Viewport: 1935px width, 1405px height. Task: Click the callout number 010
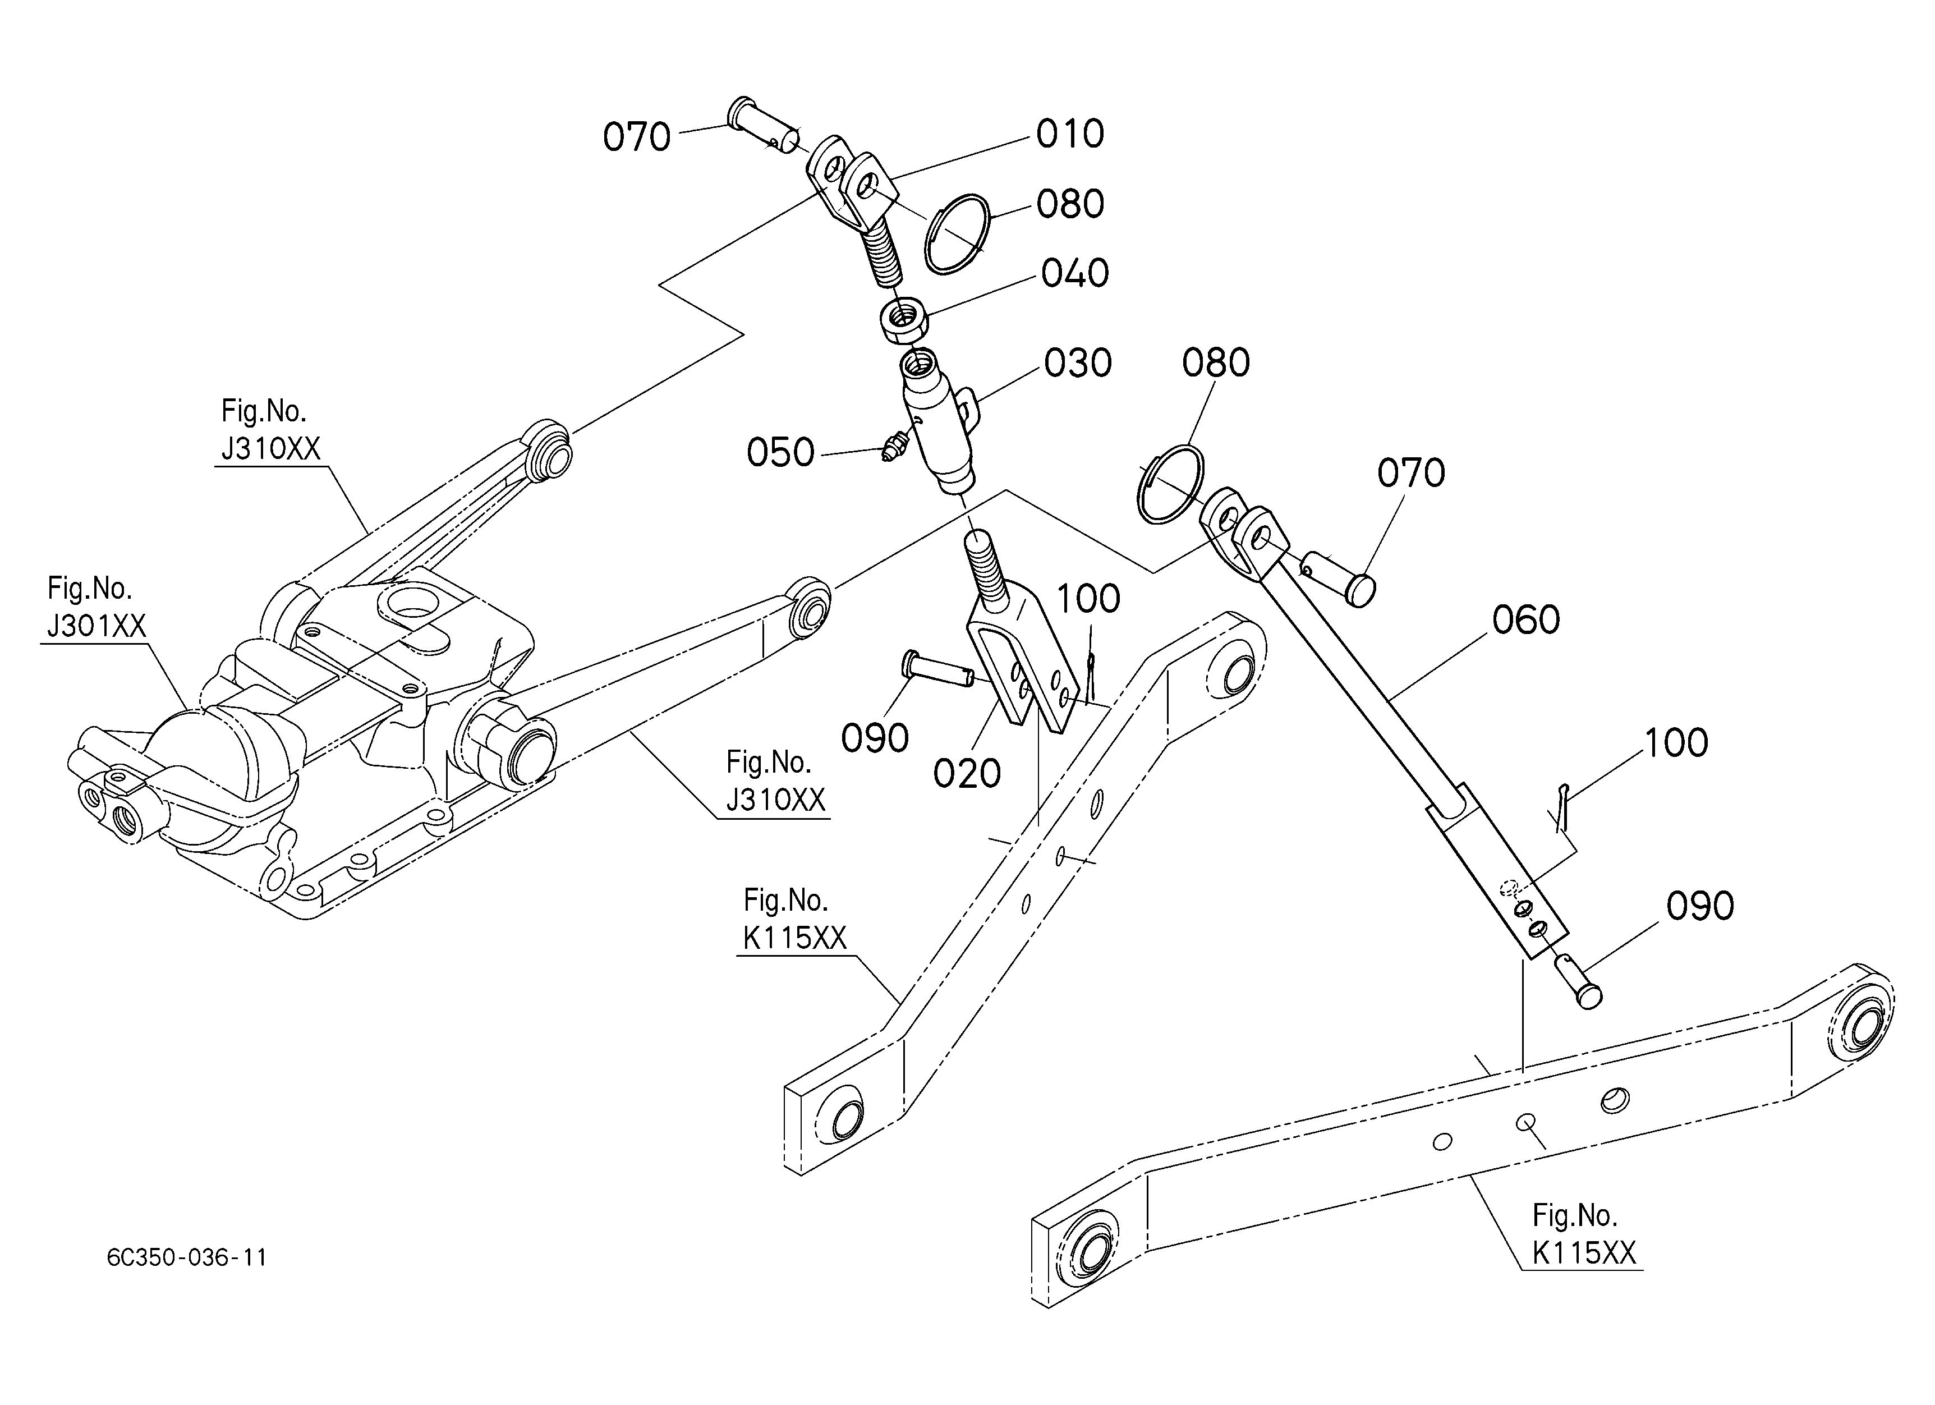[1070, 135]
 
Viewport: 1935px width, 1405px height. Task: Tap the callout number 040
[1075, 274]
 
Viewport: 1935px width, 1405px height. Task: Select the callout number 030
[1078, 364]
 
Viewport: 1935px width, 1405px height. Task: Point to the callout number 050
[780, 453]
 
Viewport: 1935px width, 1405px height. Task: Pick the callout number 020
[967, 774]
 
